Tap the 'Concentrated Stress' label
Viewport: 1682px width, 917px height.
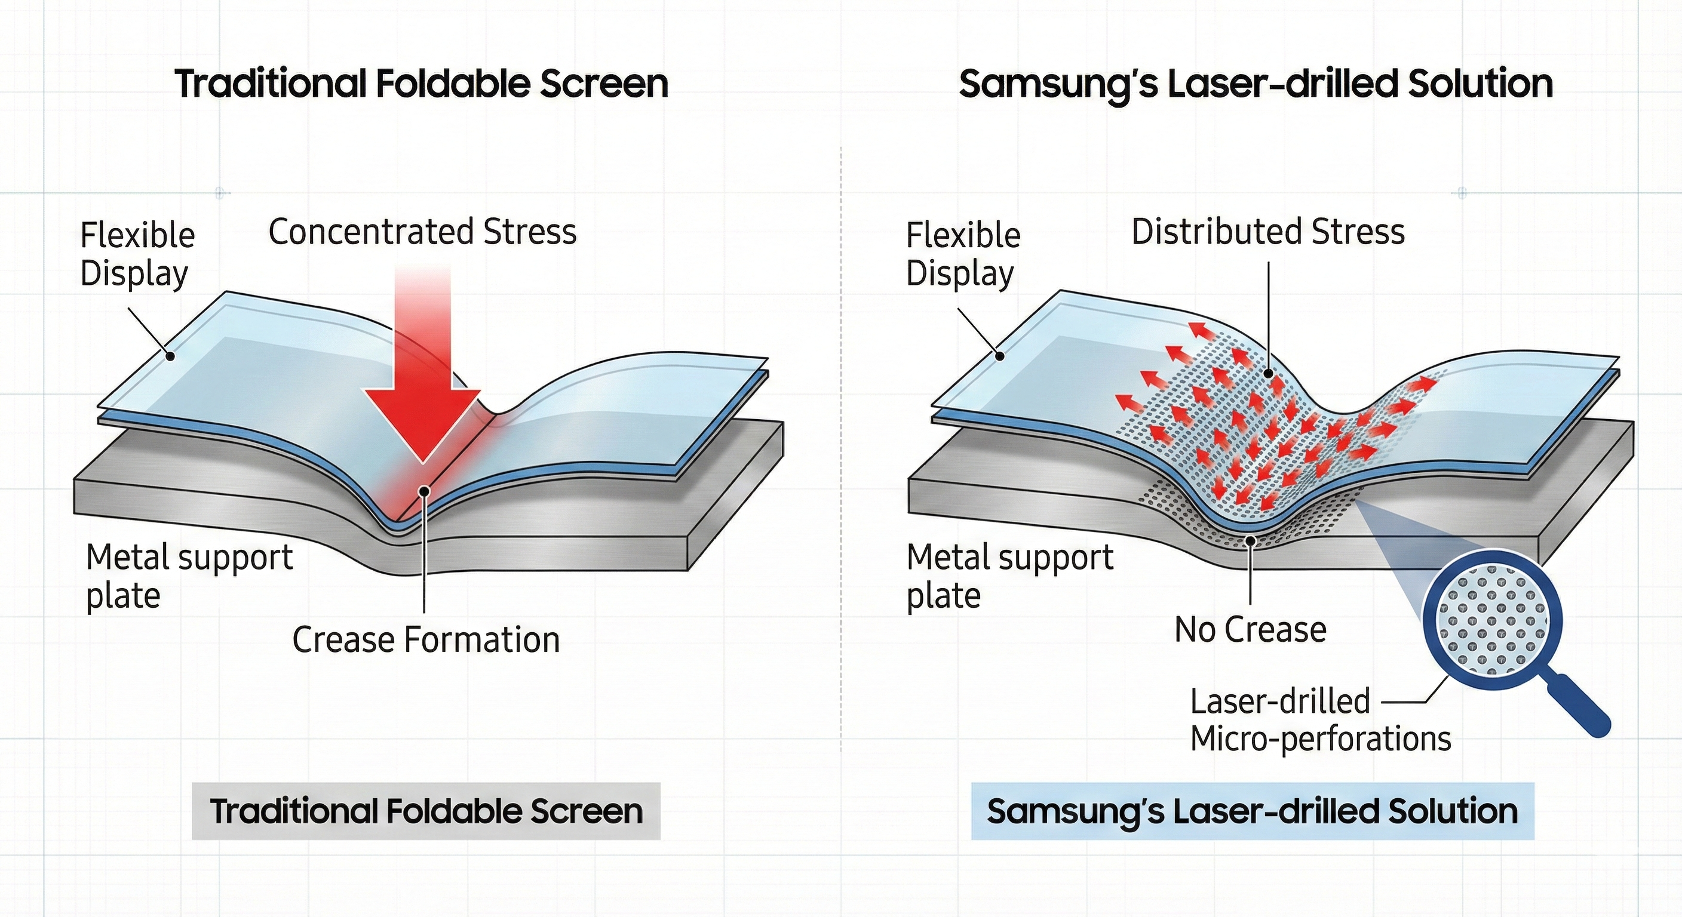tap(422, 232)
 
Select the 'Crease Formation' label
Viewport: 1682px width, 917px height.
tap(426, 639)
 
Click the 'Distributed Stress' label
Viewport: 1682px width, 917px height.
tap(1267, 232)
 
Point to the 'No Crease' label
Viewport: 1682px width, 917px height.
tap(1250, 630)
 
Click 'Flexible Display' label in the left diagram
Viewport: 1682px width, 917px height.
tap(137, 254)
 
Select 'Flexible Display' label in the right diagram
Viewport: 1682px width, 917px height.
tap(963, 254)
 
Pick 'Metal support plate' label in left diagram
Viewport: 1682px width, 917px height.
tap(189, 576)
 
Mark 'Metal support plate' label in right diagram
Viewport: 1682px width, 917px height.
tap(1009, 576)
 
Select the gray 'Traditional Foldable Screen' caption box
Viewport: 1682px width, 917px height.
tap(426, 811)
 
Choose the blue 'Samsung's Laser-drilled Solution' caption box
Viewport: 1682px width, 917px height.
tap(1252, 811)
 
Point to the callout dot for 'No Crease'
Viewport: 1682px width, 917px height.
tap(1250, 540)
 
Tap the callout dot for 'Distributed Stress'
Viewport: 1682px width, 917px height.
tap(1268, 374)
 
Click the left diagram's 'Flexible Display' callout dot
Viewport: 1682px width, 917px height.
tap(170, 356)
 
